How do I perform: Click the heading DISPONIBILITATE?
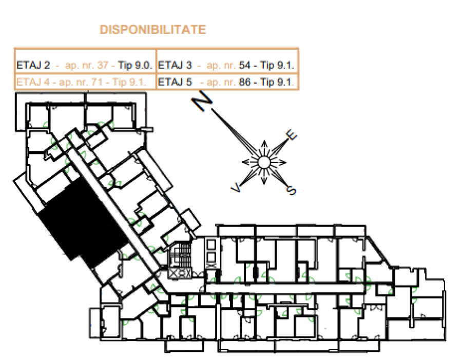[153, 30]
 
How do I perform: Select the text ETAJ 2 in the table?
[33, 65]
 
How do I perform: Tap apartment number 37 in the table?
[103, 65]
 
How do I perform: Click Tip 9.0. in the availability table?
[135, 65]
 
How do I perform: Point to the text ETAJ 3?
[175, 65]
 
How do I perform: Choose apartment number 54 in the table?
[244, 65]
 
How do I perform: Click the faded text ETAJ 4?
[33, 82]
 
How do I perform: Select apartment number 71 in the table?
[97, 82]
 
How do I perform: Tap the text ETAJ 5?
[175, 82]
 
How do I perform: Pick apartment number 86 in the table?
[244, 82]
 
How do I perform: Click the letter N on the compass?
[202, 101]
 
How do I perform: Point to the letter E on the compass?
[291, 135]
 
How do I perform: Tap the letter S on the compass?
[291, 190]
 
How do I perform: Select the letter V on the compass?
[236, 187]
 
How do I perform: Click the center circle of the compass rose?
[264, 162]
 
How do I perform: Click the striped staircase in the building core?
[180, 254]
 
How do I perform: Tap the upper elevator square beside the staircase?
[211, 245]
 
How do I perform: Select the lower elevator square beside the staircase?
[211, 257]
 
